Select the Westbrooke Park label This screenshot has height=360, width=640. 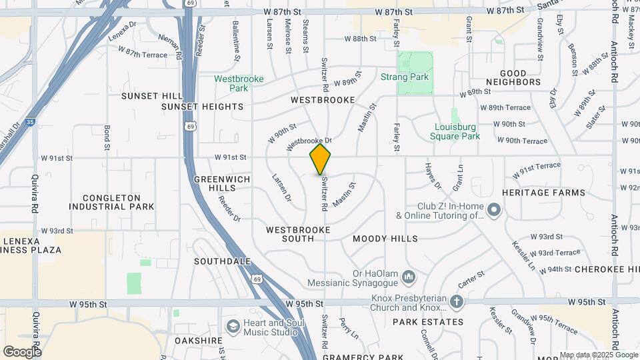coord(239,83)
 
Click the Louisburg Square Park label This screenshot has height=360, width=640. coord(457,131)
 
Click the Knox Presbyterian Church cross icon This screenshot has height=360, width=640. coord(456,301)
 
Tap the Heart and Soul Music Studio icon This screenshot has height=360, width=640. coord(233,327)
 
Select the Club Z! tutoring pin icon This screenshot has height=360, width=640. coord(494,211)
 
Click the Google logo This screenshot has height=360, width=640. coord(22,351)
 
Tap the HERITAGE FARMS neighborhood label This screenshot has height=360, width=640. coord(543,193)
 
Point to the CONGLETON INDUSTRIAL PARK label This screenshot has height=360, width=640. coord(119,202)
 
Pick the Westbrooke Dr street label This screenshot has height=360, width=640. coord(309,143)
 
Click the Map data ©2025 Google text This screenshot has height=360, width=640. coord(598,355)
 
